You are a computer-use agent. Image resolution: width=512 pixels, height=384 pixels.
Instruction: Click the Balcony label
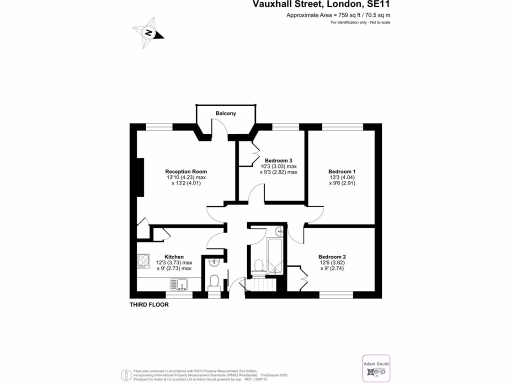[225, 113]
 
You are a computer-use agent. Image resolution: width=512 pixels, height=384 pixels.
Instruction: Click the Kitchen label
[174, 256]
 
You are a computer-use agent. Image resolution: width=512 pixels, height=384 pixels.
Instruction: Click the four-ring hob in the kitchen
[143, 260]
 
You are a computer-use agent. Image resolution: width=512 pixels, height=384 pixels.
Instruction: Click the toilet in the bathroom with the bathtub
[258, 264]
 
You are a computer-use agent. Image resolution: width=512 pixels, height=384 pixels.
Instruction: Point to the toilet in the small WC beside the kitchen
[214, 281]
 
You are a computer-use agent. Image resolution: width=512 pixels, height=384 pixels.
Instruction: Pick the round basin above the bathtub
[279, 231]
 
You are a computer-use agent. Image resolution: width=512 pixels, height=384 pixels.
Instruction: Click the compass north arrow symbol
[148, 32]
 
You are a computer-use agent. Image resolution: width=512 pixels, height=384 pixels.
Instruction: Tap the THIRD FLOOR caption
[149, 304]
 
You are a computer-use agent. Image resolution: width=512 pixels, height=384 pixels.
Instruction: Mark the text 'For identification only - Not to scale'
[360, 23]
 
